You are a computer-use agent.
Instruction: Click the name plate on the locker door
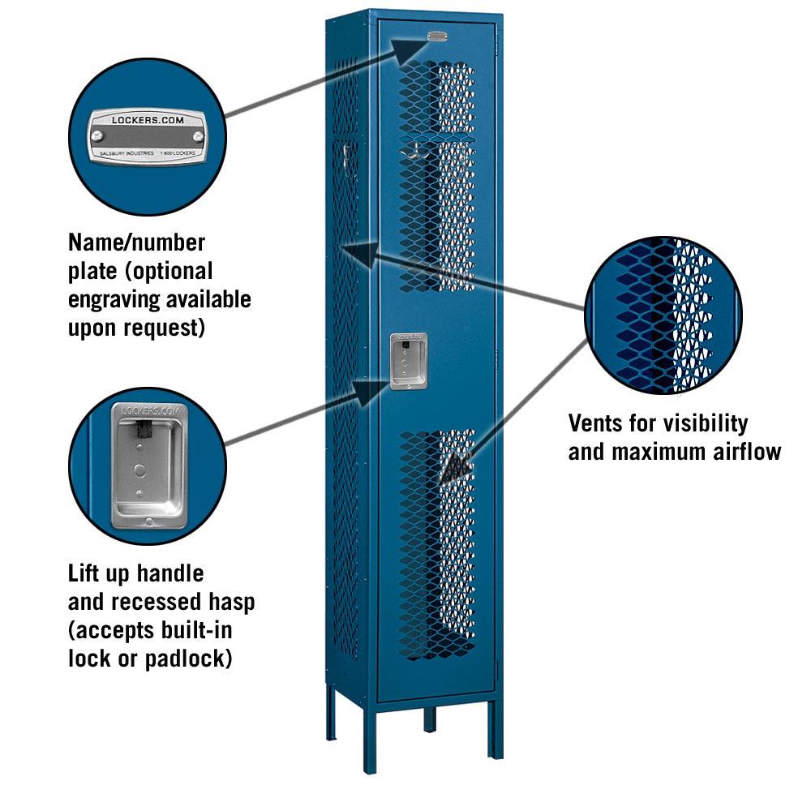point(437,36)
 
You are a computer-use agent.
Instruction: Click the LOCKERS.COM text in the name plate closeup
point(148,120)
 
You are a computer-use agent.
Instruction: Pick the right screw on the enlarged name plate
point(198,136)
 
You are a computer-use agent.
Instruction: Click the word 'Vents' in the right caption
point(596,423)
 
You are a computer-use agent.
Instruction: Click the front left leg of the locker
point(369,738)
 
